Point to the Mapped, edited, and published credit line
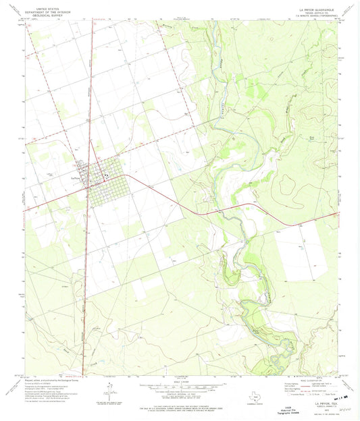point(51,380)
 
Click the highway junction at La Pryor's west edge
point(86,188)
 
